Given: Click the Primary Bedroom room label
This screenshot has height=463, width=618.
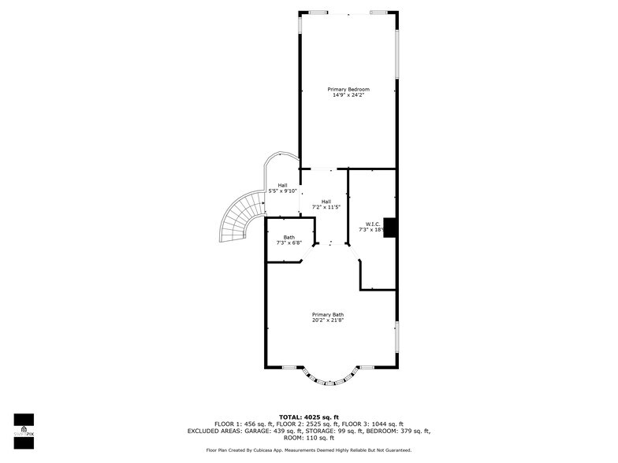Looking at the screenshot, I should click(348, 90).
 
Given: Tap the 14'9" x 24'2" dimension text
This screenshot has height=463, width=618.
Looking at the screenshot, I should click(348, 96).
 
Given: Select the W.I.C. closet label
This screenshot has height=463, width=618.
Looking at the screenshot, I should click(372, 224).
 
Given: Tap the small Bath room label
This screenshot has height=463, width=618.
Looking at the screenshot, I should click(289, 237).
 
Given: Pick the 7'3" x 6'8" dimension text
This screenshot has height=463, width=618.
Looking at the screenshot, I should click(289, 243).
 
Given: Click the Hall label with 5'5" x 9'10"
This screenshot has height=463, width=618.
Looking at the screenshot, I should click(282, 185).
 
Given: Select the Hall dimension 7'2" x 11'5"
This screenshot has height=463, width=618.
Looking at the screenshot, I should click(326, 207).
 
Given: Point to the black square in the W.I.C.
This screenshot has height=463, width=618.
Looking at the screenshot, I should click(389, 227).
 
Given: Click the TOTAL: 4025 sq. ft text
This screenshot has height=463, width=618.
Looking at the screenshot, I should click(308, 417).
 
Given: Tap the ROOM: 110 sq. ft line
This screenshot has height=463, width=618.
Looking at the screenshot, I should click(308, 439).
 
